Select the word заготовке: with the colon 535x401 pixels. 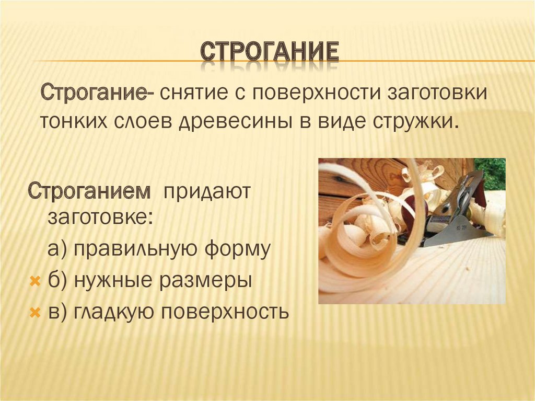pos(100,216)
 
